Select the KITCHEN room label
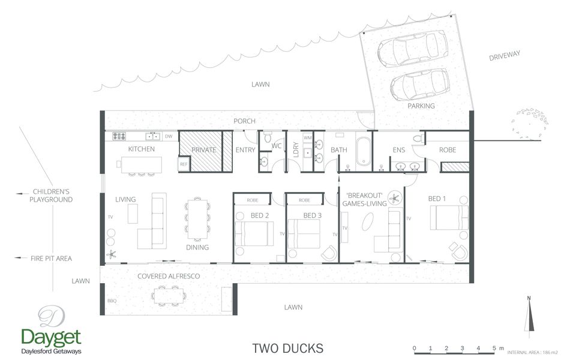(142, 149)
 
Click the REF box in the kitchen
(184, 164)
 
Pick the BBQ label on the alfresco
(112, 301)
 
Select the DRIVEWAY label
(504, 56)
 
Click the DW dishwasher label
(169, 136)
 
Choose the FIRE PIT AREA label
(51, 259)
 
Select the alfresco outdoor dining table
(169, 295)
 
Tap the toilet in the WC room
(268, 136)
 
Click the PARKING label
(421, 106)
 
